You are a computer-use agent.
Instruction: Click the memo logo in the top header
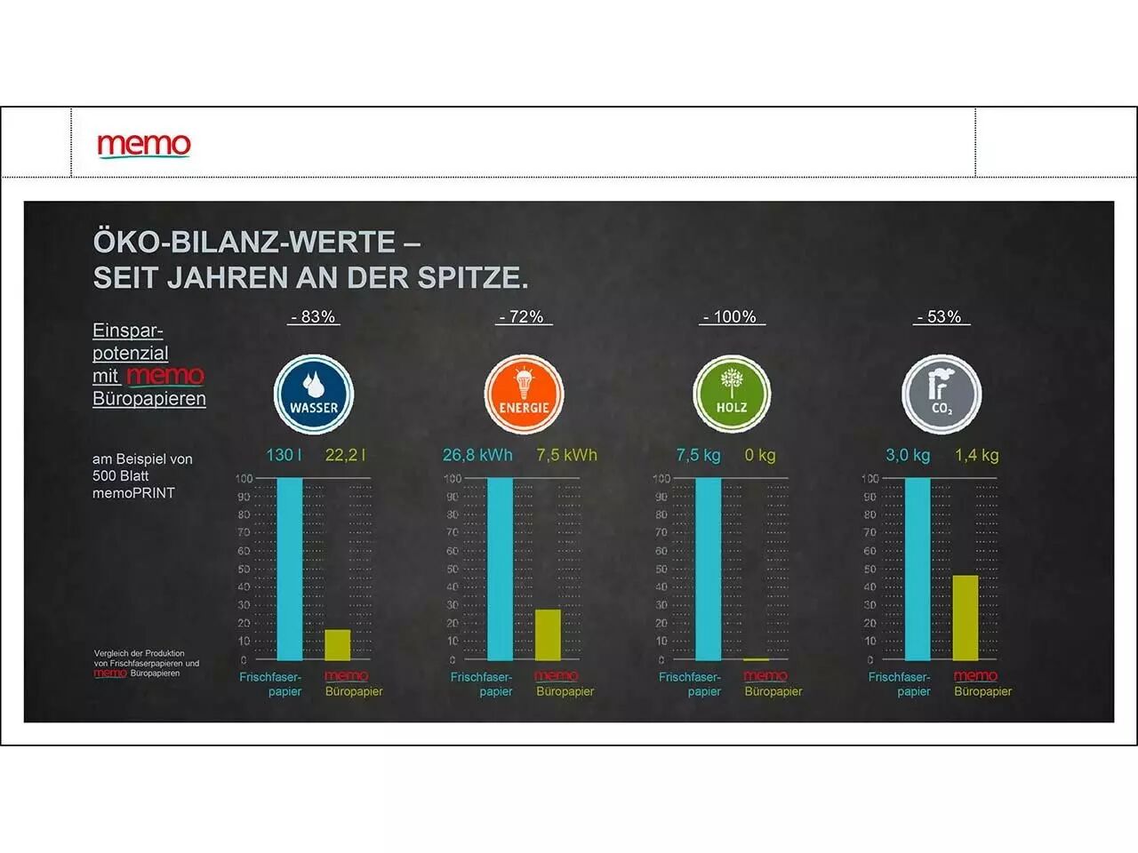pos(144,145)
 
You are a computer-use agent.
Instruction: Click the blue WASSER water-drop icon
pos(314,395)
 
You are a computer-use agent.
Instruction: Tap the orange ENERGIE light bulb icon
pos(524,395)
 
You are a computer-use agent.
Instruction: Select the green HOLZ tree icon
pos(732,395)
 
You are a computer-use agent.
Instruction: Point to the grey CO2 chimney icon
pos(942,395)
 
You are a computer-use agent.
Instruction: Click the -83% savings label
pos(314,317)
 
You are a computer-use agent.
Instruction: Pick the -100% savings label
pos(730,317)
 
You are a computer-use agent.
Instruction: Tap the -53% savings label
pos(940,317)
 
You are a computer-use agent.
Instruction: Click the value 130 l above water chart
pos(284,455)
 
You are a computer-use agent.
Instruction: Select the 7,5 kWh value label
pos(566,455)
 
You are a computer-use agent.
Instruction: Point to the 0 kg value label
pos(760,455)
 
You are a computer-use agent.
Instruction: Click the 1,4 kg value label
pos(976,455)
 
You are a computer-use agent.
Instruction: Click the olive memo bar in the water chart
pos(338,645)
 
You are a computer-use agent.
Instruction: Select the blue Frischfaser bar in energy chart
pos(500,569)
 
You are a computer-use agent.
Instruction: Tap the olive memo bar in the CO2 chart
pos(966,618)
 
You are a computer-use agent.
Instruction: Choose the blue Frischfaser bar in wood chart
pos(709,569)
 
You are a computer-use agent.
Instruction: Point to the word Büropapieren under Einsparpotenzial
pos(149,399)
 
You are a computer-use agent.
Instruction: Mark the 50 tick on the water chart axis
pos(244,569)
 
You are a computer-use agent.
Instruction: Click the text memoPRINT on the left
pos(133,493)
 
